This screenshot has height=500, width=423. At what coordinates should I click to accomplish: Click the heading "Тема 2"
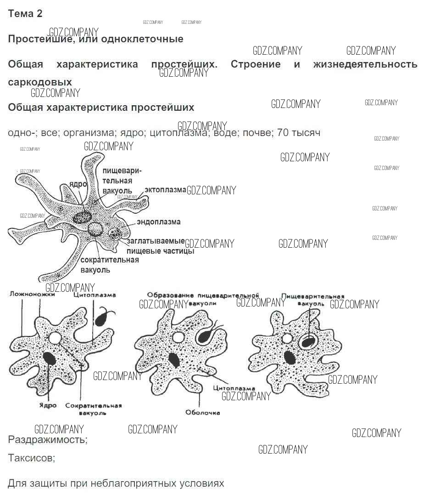[x=25, y=14]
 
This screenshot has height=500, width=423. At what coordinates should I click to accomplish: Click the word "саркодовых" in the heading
[x=40, y=82]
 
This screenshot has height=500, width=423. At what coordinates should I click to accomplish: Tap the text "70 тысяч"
[x=299, y=133]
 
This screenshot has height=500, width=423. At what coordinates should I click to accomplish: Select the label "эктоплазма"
[x=165, y=189]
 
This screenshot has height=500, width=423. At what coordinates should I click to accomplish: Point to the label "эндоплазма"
[x=158, y=222]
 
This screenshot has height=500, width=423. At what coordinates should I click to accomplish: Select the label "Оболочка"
[x=202, y=412]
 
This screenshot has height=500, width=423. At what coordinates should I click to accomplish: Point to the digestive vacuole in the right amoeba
[x=307, y=341]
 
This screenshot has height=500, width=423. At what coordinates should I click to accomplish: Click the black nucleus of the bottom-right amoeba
[x=289, y=358]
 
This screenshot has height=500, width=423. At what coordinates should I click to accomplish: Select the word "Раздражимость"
[x=47, y=440]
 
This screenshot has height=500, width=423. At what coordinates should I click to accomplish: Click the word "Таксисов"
[x=31, y=458]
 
